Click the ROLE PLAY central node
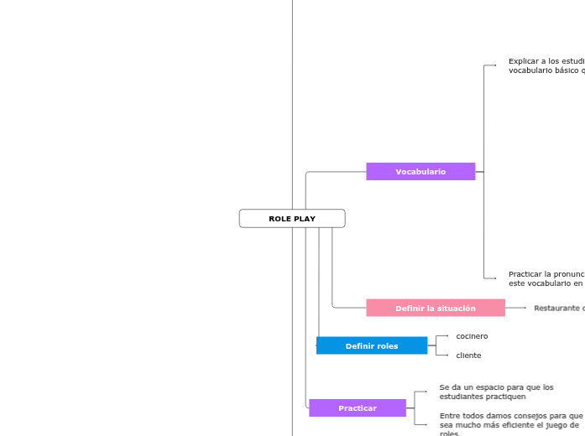(x=292, y=219)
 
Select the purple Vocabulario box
(x=420, y=172)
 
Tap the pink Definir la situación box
(x=435, y=309)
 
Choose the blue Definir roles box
(x=371, y=346)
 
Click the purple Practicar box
(x=357, y=408)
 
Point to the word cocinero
(x=472, y=336)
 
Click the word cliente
(x=468, y=356)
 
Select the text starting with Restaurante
(x=558, y=309)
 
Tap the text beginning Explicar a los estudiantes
(x=546, y=66)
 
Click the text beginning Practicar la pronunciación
(x=546, y=279)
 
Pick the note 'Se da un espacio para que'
(x=496, y=392)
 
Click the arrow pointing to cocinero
(x=446, y=336)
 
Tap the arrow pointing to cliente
(x=446, y=356)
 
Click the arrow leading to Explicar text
(x=494, y=65)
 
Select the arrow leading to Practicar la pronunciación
(x=494, y=278)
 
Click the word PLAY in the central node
(x=305, y=219)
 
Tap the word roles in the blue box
(x=386, y=346)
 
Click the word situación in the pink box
(x=453, y=309)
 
